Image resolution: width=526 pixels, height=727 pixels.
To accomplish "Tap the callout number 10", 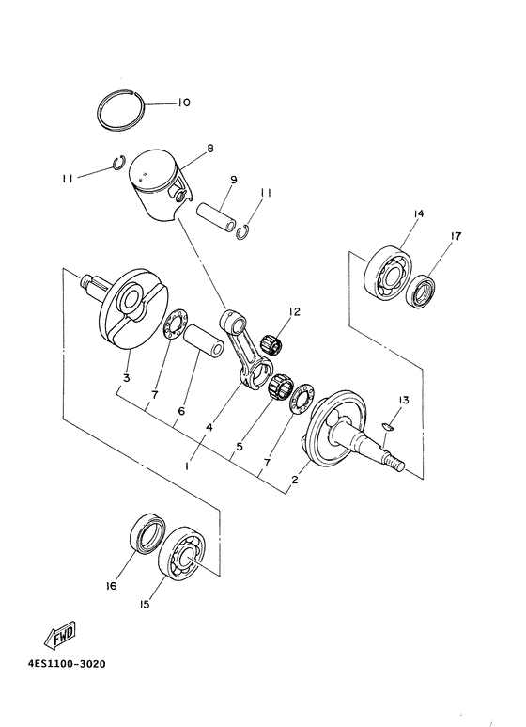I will (x=183, y=103).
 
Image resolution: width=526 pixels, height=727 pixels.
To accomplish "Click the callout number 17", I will (x=455, y=237).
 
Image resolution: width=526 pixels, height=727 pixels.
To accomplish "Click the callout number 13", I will (x=402, y=401).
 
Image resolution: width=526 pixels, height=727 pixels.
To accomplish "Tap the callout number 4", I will (x=209, y=427).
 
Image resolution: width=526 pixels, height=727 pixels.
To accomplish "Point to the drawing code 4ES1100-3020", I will (x=67, y=663).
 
